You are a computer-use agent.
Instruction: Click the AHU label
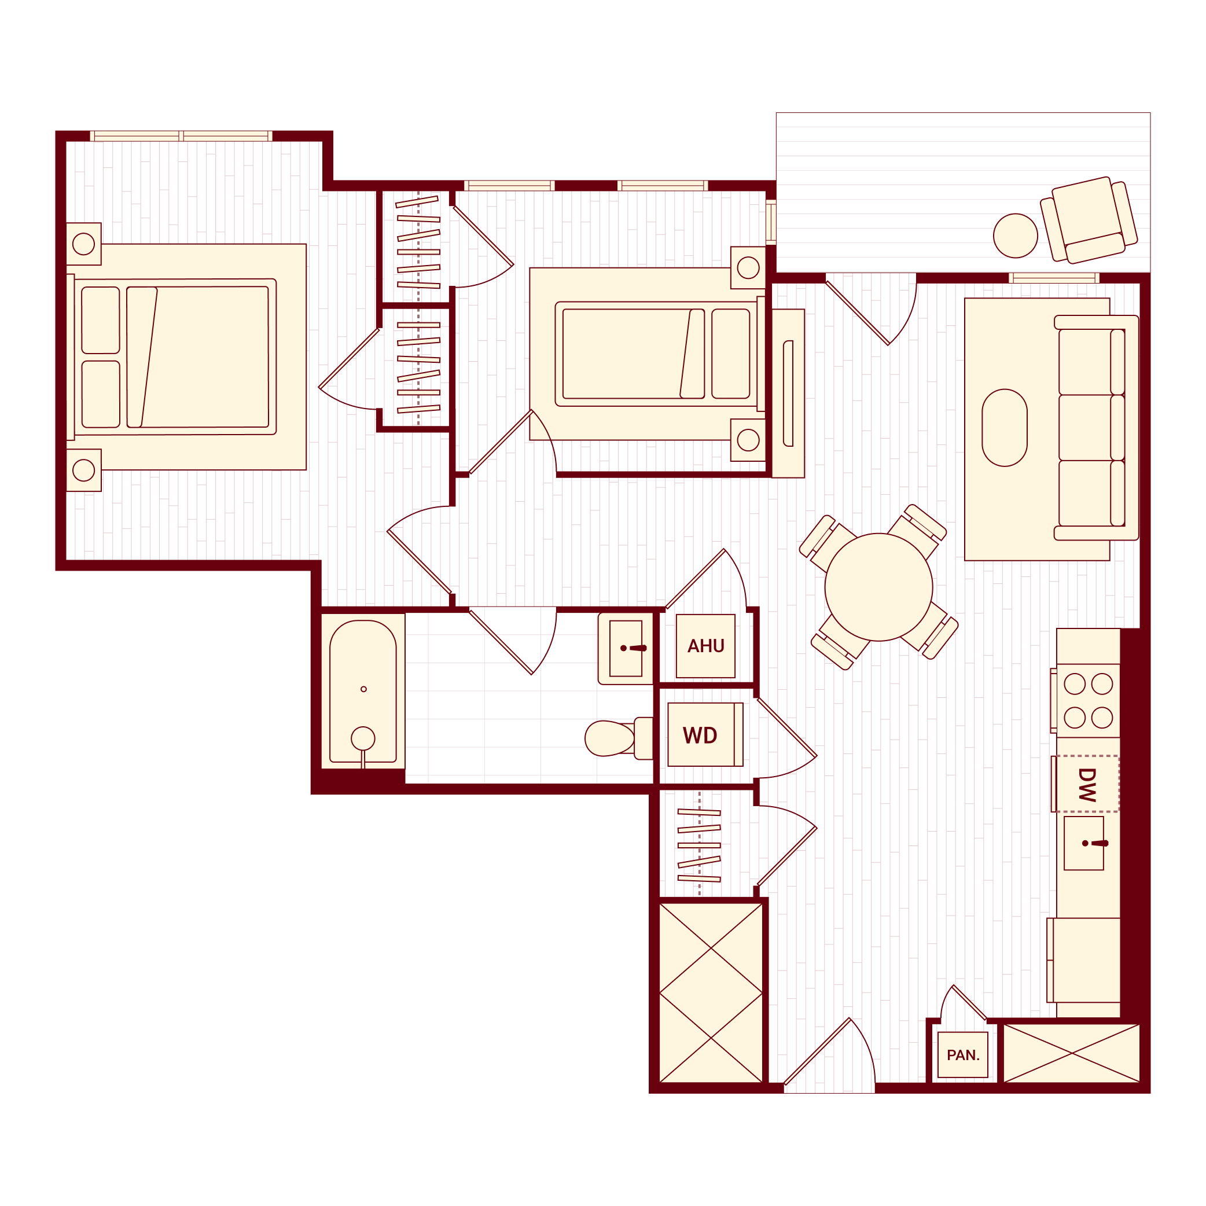pos(705,645)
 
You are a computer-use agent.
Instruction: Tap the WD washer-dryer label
pos(700,736)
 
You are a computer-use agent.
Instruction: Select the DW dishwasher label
pos(1087,784)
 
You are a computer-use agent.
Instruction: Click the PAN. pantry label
pos(962,1055)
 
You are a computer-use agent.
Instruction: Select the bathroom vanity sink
pos(626,648)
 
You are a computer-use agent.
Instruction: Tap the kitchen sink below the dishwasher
pos(1084,843)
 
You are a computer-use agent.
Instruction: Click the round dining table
pos(878,587)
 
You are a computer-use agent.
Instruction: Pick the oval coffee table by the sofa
pos(1005,428)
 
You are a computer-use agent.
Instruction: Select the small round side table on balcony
pos(1015,236)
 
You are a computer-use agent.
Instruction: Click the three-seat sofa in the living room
pos(1095,428)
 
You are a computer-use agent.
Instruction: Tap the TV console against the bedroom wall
pos(788,394)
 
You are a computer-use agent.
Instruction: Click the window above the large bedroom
pos(181,136)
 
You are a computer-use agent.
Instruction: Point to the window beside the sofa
pos(1054,278)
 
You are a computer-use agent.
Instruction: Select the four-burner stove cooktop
pos(1087,700)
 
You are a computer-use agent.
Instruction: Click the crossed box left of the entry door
pos(711,992)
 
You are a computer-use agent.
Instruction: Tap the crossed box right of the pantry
pos(1071,1053)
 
